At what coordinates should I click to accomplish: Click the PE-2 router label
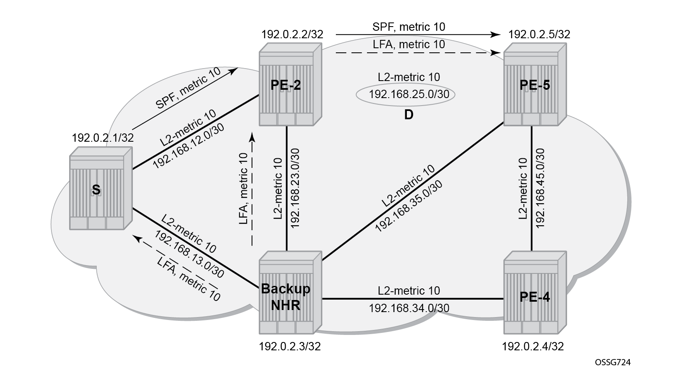[286, 85]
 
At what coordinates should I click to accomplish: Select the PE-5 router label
[535, 85]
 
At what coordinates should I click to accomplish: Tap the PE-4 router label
[535, 297]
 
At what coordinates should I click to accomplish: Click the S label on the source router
[96, 190]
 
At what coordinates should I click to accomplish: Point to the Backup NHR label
[286, 297]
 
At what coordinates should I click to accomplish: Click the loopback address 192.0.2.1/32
[103, 138]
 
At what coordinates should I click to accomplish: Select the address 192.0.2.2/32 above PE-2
[292, 34]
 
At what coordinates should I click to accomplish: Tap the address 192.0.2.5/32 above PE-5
[539, 34]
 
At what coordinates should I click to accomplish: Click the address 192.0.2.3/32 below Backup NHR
[290, 346]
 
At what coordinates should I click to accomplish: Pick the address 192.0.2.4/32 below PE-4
[533, 346]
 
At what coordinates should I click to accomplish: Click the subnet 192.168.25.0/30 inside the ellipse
[409, 94]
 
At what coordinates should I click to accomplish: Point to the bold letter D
[409, 115]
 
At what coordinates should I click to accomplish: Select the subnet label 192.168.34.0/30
[409, 308]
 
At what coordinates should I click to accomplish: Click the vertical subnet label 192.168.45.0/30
[541, 188]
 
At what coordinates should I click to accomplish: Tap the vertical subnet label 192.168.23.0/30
[295, 188]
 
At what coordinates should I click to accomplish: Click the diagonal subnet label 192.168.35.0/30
[409, 206]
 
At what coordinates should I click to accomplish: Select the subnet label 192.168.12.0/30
[188, 146]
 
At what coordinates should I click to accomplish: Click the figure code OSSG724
[613, 362]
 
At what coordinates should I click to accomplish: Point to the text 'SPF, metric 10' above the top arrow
[409, 27]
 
